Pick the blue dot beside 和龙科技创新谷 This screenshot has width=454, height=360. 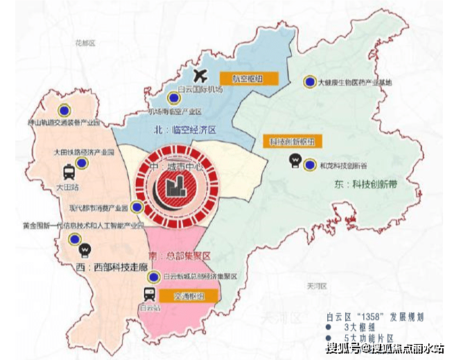tap(311, 164)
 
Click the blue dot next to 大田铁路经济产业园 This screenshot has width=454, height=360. tap(82, 162)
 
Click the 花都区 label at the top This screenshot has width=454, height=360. tap(85, 43)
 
